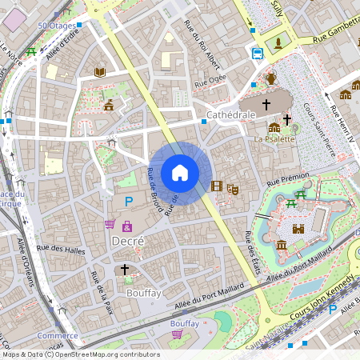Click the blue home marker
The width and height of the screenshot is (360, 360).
point(180,172)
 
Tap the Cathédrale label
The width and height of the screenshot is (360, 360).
point(230,115)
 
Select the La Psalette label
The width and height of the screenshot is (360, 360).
point(274,138)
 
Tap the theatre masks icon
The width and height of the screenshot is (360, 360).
point(233,188)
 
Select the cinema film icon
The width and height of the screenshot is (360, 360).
point(216,186)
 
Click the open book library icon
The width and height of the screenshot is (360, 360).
point(100,72)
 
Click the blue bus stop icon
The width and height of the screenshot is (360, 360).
point(257,54)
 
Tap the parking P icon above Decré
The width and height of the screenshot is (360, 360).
point(127,201)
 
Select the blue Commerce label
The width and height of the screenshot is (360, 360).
point(58,336)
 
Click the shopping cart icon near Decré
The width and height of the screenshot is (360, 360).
point(110,224)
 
